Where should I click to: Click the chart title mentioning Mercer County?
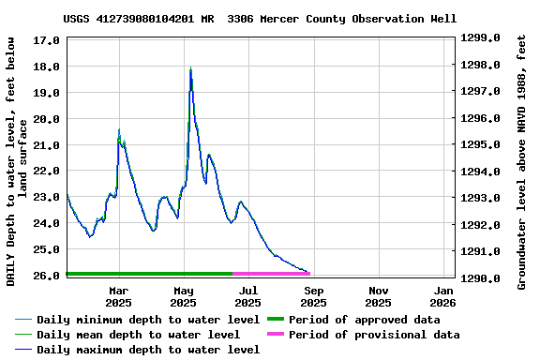tap(260, 19)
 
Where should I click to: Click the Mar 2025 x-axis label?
tap(118, 296)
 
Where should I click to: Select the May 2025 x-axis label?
tap(184, 296)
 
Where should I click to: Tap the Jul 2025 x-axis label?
tap(248, 296)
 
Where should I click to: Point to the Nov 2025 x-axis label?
tap(379, 296)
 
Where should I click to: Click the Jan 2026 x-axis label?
tap(443, 296)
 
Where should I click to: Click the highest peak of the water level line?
tap(190, 68)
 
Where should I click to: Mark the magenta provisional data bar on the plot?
tap(271, 274)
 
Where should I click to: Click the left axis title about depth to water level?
tap(17, 161)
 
